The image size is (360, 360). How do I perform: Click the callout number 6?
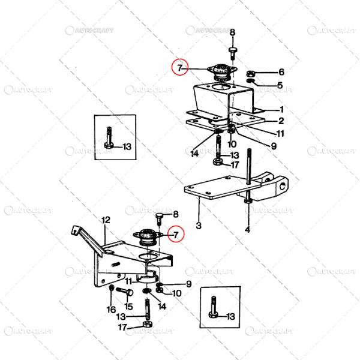point(281,72)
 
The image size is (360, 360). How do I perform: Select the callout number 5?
point(280,85)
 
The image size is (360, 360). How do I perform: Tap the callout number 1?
point(281,110)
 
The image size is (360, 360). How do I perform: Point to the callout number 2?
point(281,121)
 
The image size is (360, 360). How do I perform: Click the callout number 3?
point(199,226)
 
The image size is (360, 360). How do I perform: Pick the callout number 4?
point(247,229)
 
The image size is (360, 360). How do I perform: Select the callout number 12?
point(106,220)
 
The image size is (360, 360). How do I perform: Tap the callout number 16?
point(111,310)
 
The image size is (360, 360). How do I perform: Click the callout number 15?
point(128,307)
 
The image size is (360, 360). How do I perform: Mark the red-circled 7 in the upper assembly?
point(180,67)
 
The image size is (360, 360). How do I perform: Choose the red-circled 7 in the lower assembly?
point(176,235)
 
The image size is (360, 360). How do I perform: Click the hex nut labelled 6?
point(250,74)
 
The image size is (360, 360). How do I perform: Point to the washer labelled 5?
point(250,80)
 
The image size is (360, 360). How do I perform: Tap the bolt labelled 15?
point(125,292)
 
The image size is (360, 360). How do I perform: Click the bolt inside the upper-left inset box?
point(109,138)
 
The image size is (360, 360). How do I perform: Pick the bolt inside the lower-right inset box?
point(213,307)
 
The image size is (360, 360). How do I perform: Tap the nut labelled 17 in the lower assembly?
point(147,324)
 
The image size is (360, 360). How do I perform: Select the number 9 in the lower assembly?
point(189,284)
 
